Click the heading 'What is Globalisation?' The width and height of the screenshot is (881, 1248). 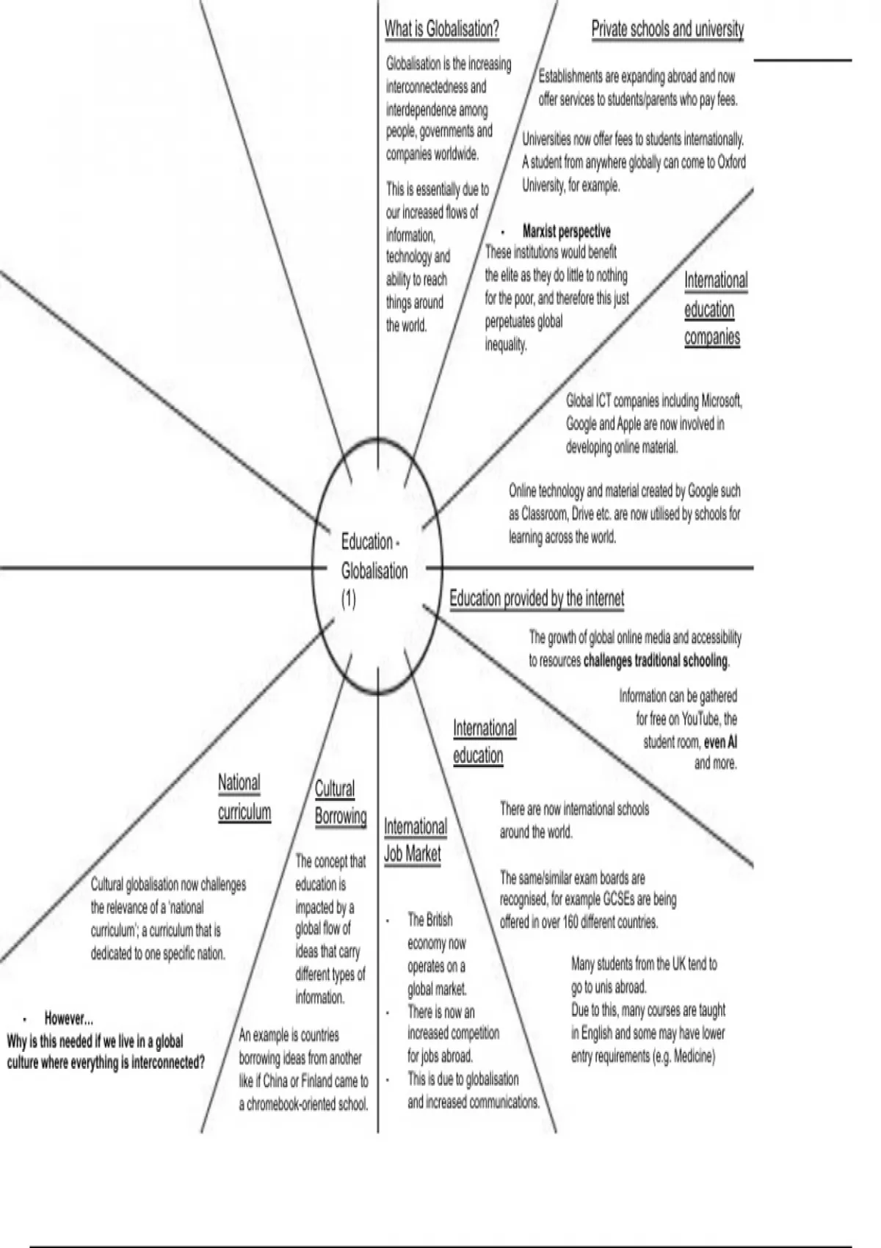[x=441, y=29]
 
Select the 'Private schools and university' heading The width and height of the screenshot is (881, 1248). [x=667, y=29]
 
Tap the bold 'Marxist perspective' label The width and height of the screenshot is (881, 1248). [x=566, y=231]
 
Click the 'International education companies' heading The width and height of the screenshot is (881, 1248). [x=714, y=309]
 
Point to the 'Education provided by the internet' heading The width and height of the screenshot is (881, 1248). [x=537, y=598]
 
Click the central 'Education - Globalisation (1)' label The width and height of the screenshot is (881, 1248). [x=374, y=570]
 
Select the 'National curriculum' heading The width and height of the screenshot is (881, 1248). [x=244, y=797]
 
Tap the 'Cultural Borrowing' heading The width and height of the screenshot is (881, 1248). [x=340, y=802]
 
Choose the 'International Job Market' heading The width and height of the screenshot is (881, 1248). [x=415, y=840]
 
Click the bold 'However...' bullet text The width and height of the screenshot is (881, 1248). [x=68, y=1019]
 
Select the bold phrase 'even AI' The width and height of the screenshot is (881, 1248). [x=720, y=742]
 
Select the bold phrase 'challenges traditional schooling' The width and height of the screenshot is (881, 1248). [x=655, y=661]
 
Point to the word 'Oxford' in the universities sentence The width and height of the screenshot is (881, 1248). [x=731, y=162]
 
